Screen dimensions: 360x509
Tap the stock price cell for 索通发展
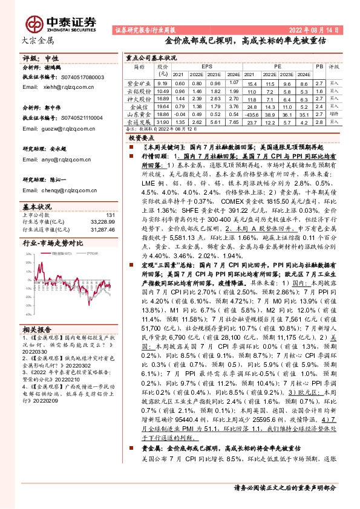[162, 122]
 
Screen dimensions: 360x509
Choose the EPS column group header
[207, 65]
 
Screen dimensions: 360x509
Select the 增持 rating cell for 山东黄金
[333, 114]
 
